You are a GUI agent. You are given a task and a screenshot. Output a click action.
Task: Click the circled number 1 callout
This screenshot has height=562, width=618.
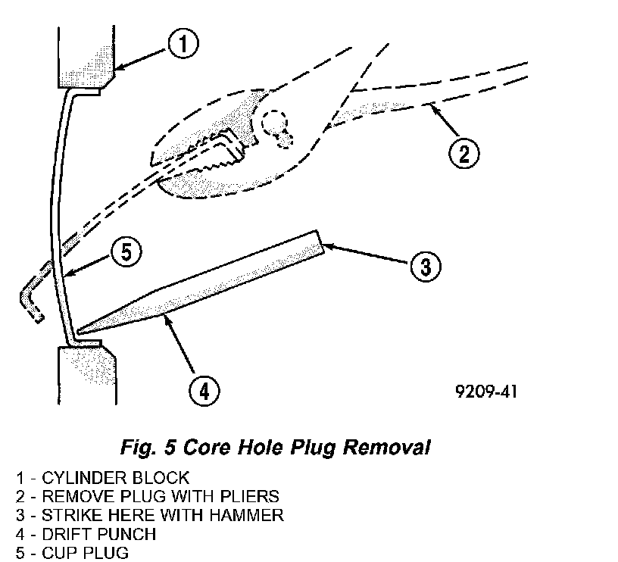pos(183,45)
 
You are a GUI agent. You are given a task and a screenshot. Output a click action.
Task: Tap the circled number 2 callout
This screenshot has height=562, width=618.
pos(463,154)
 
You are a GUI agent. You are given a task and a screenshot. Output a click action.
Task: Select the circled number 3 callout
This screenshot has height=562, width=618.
pos(426,266)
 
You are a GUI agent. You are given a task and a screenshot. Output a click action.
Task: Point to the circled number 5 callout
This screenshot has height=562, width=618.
pos(126,251)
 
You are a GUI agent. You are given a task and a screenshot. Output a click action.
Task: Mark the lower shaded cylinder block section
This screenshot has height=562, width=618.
pos(83,379)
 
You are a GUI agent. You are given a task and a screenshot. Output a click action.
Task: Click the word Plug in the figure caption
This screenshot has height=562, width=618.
pos(299,448)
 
